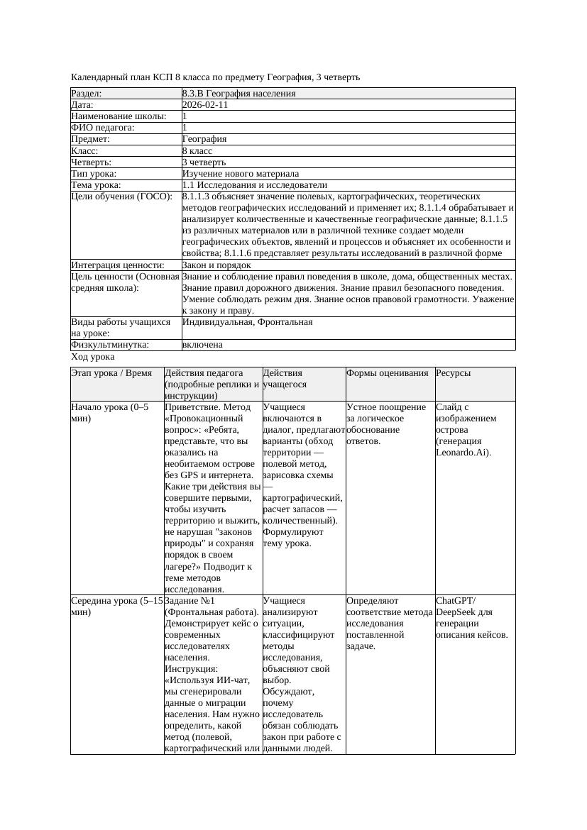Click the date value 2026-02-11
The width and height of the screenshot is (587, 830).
[x=205, y=105]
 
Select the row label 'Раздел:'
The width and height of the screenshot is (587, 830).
[x=87, y=94]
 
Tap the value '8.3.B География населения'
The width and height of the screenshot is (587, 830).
[x=238, y=94]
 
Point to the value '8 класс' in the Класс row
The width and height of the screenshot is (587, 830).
[x=197, y=151]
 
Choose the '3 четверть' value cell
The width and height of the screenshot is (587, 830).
[x=204, y=162]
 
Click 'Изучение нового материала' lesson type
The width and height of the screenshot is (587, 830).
[x=241, y=174]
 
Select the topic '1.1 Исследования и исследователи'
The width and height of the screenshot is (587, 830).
[x=255, y=185]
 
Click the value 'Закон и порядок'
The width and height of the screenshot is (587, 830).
[x=216, y=265]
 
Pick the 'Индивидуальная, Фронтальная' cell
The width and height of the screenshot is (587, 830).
[x=247, y=322]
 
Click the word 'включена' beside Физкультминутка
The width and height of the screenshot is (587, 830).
[x=202, y=345]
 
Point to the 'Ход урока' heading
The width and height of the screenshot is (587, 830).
[x=93, y=357]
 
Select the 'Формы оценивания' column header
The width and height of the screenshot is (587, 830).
[x=388, y=373]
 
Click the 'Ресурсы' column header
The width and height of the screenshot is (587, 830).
[x=454, y=373]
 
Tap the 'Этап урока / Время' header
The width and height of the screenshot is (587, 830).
[x=111, y=373]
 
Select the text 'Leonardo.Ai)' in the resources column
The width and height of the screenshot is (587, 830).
[x=463, y=453]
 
